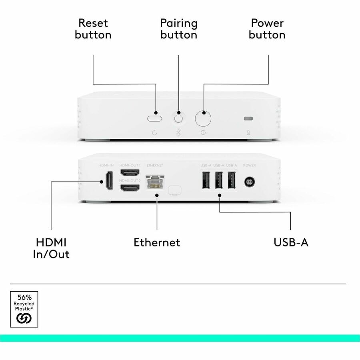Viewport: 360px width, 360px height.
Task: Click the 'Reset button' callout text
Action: [93, 28]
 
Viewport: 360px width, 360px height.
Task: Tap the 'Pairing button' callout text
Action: [178, 28]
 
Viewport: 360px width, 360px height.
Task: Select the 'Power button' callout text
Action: [267, 28]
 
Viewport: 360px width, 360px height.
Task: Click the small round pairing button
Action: [178, 118]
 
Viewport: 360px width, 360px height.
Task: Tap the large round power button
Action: [203, 118]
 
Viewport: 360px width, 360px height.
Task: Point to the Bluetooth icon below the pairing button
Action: [178, 133]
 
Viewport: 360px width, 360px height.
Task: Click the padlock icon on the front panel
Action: [248, 133]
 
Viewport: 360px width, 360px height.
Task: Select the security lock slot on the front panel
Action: [248, 118]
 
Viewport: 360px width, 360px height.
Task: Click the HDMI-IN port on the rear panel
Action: [109, 181]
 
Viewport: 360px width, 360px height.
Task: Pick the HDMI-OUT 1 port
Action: [130, 173]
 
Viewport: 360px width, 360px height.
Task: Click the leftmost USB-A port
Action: [206, 180]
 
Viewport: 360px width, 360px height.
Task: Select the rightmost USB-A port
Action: [231, 180]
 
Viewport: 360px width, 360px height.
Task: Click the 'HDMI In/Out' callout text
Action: [51, 248]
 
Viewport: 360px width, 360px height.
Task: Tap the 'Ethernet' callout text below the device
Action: [157, 242]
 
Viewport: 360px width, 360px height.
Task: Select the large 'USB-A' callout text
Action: [291, 242]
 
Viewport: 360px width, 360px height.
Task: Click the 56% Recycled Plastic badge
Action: [24, 309]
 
